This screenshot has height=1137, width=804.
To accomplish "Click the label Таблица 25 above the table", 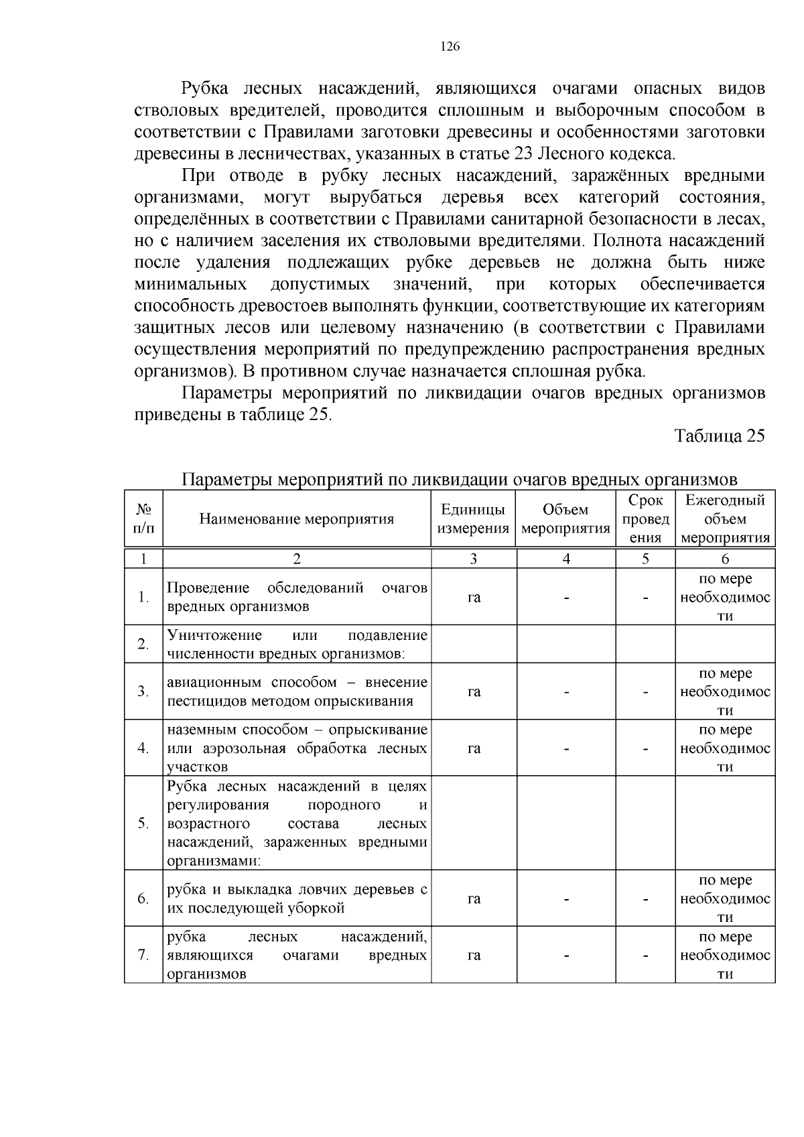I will (719, 436).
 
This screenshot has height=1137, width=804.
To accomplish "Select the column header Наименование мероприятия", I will (296, 519).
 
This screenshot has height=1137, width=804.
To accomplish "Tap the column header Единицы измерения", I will (473, 519).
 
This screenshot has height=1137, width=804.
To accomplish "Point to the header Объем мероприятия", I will (565, 519).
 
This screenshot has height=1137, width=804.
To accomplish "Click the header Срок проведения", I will (645, 519).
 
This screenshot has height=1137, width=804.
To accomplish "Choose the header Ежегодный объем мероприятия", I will (725, 519).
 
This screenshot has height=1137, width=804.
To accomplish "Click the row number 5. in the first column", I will (143, 823).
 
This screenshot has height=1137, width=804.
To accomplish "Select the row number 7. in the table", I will (143, 955).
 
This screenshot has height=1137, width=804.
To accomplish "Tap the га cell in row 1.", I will (474, 598).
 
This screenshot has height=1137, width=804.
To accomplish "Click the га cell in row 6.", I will (474, 899).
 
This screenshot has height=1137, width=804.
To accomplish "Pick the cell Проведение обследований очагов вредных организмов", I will (296, 598).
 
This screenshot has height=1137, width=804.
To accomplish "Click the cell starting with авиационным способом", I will (296, 692).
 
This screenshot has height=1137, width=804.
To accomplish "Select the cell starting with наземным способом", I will (296, 748).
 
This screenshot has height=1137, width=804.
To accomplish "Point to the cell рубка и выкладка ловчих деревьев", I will (296, 899).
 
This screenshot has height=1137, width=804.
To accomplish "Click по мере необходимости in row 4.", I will (725, 748).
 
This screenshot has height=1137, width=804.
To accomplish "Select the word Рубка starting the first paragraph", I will (205, 89).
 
